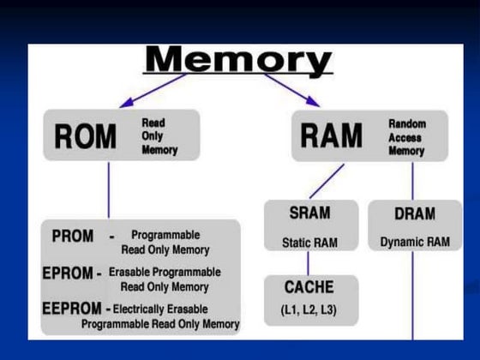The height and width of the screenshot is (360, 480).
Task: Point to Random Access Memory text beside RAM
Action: (406, 137)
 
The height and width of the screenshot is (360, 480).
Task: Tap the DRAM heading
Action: (414, 214)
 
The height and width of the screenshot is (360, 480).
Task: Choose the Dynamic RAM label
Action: (415, 243)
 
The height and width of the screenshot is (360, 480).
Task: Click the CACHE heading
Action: (308, 287)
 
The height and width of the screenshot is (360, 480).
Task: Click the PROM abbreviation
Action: (73, 236)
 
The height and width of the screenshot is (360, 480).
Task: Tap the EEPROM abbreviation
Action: (73, 307)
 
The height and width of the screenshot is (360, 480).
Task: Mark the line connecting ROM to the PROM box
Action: (108, 190)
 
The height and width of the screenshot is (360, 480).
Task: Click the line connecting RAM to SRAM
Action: (326, 180)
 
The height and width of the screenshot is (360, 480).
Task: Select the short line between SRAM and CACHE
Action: (308, 264)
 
